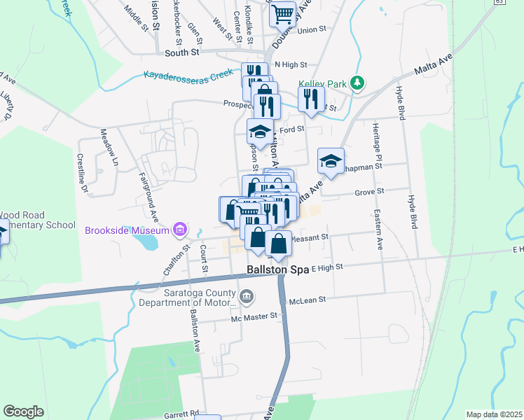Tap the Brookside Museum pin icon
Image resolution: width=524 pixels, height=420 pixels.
(x=180, y=230)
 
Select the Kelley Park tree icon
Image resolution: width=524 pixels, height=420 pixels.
(x=358, y=83)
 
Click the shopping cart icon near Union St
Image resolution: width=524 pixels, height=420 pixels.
(x=283, y=14)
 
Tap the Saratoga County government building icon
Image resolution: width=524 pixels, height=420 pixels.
(x=246, y=297)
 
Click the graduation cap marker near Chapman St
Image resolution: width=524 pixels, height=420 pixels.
(x=331, y=162)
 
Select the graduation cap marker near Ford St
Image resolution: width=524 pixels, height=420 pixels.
(x=260, y=132)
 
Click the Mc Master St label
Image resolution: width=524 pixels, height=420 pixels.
(x=255, y=316)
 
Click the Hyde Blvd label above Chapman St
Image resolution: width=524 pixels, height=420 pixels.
(x=401, y=101)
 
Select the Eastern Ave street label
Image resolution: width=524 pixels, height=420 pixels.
(x=379, y=230)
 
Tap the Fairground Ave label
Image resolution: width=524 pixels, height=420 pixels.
(x=149, y=190)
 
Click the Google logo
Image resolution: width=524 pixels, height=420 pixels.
(x=23, y=412)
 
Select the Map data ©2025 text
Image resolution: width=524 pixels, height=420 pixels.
(x=494, y=414)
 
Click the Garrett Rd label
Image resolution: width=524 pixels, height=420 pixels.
(x=184, y=414)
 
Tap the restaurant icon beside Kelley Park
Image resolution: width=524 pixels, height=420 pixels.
(x=311, y=99)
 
